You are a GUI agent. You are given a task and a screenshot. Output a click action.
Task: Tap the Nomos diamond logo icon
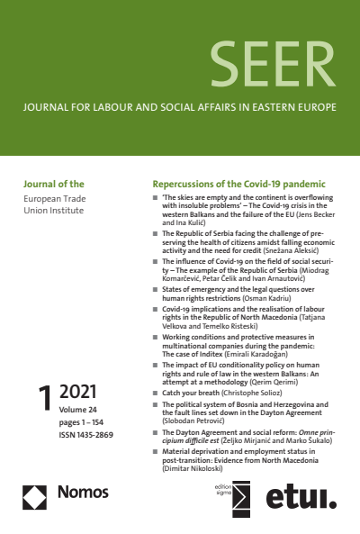(35, 493)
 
